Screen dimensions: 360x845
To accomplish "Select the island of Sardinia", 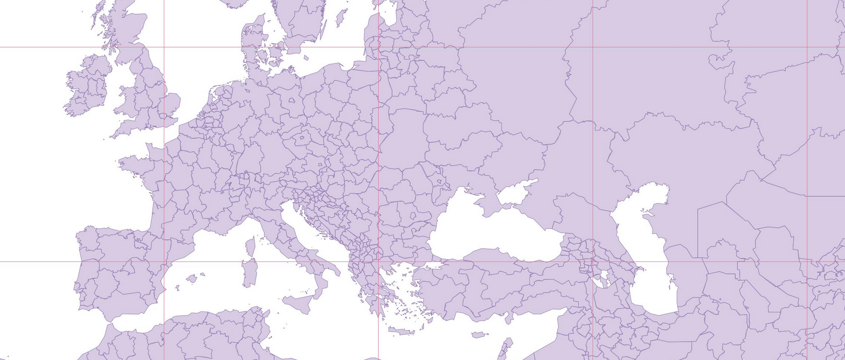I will tap(249, 272).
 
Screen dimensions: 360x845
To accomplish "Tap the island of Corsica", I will tap(250, 246).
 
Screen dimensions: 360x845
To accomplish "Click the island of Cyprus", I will tap(479, 335).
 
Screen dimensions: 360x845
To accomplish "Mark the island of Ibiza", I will tap(178, 287).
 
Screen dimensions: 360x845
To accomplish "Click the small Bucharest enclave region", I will tap(413, 215).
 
